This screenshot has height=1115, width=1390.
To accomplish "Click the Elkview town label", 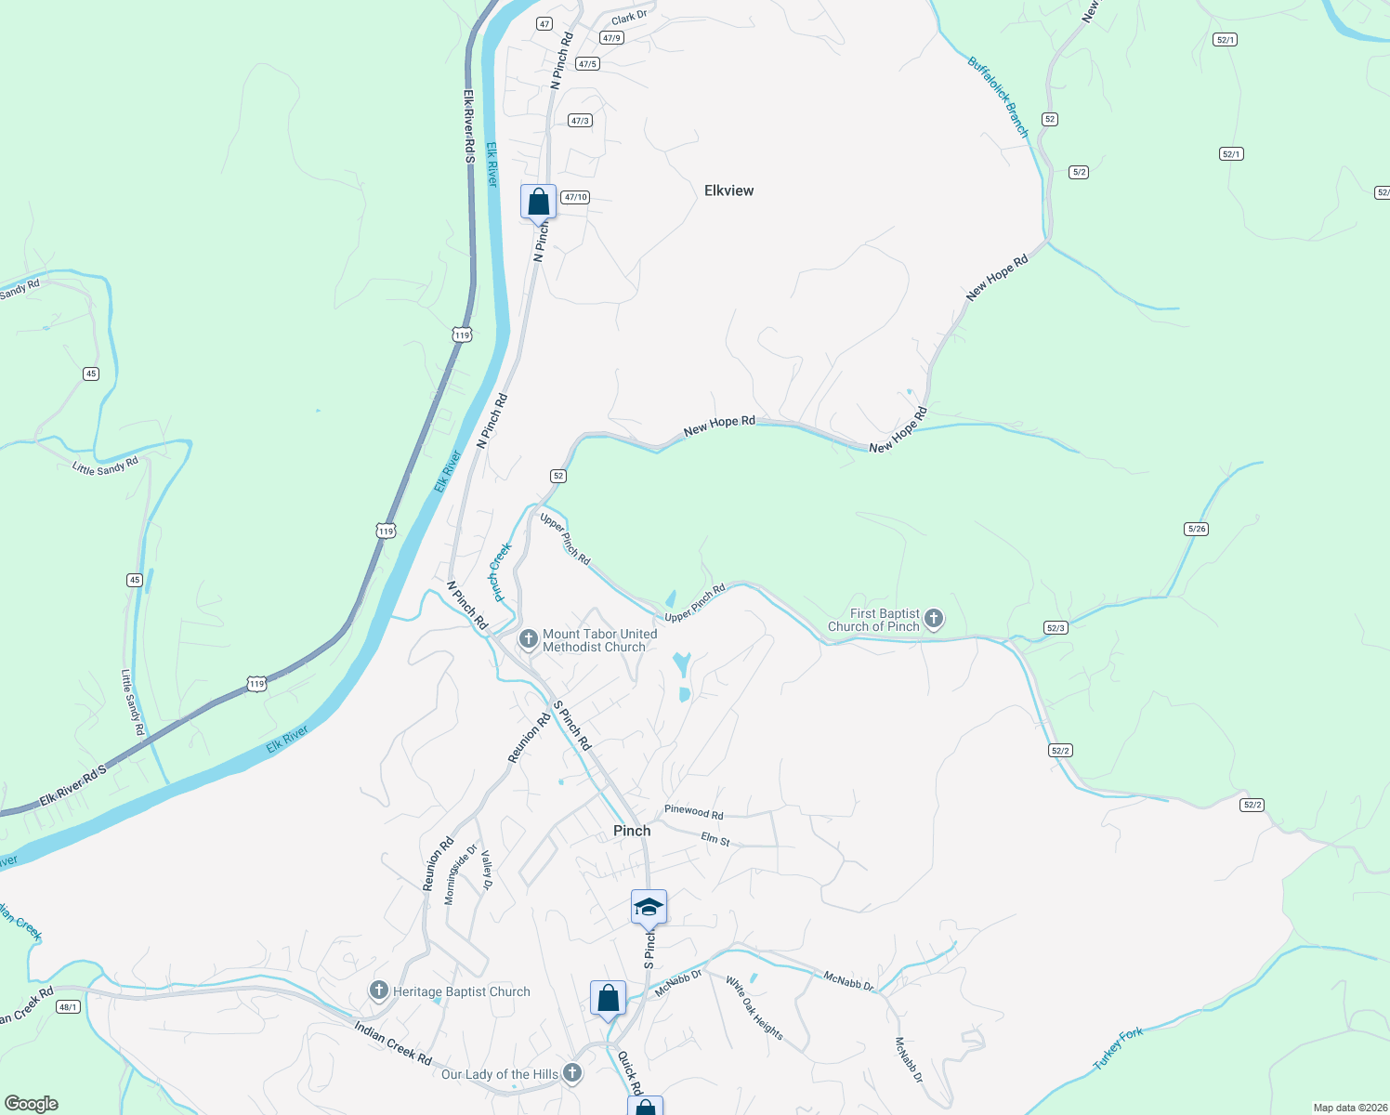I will tap(728, 190).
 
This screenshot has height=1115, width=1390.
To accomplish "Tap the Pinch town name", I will tap(632, 831).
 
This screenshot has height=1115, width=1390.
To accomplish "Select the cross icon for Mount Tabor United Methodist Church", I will tap(529, 639).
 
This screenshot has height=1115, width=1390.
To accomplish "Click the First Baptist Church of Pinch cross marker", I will tap(934, 618).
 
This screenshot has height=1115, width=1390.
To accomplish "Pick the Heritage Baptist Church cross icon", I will tap(378, 990).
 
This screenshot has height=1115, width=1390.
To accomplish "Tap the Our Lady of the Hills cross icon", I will tap(572, 1073).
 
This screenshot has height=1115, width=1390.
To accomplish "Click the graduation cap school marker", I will tap(649, 908).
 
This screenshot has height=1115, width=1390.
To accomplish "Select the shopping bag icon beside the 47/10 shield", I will tap(538, 201).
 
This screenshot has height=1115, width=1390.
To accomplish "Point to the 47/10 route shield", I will tap(576, 197).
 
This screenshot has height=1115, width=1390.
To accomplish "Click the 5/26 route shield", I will tap(1197, 529).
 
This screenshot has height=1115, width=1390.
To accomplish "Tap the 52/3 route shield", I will tap(1056, 628).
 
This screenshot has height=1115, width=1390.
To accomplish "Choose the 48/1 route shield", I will tap(68, 1006).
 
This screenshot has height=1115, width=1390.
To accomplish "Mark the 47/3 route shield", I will tap(580, 121).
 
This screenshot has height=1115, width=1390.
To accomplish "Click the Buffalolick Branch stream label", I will tap(998, 97).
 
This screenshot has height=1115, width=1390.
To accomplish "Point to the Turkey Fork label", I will tap(1118, 1048).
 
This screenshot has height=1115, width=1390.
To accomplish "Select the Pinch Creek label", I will tap(501, 572).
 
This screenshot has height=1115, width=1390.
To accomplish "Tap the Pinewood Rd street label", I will tap(693, 811).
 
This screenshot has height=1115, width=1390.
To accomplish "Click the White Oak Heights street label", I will tap(754, 1008).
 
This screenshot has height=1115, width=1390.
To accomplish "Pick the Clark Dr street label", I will tap(629, 17).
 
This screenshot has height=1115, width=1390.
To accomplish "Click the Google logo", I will tap(32, 1104).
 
